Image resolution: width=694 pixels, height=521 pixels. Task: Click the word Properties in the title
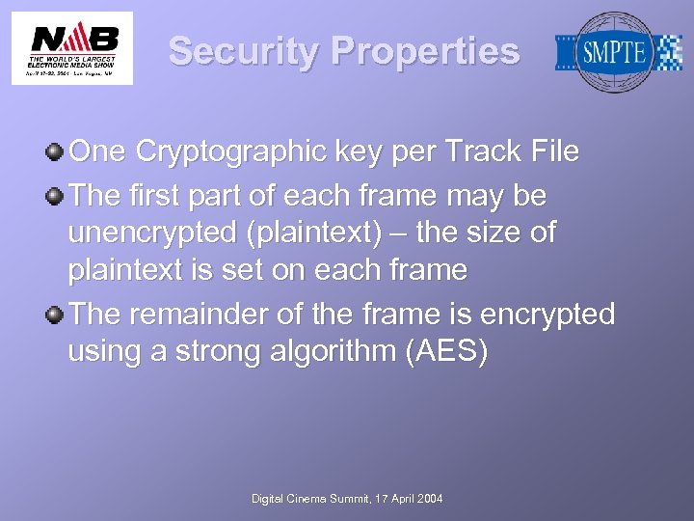pos(427,51)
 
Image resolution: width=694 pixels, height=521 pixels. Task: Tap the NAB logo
pos(73,47)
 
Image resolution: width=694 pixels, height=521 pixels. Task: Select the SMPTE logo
pos(618,52)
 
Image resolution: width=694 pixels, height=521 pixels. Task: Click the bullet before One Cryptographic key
pos(57,151)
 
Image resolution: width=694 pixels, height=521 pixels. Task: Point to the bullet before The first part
pos(57,196)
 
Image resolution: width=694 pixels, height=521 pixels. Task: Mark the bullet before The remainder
pos(57,315)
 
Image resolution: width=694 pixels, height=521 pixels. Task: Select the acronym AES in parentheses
pos(454,352)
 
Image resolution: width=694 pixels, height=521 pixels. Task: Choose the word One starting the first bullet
pos(99,151)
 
